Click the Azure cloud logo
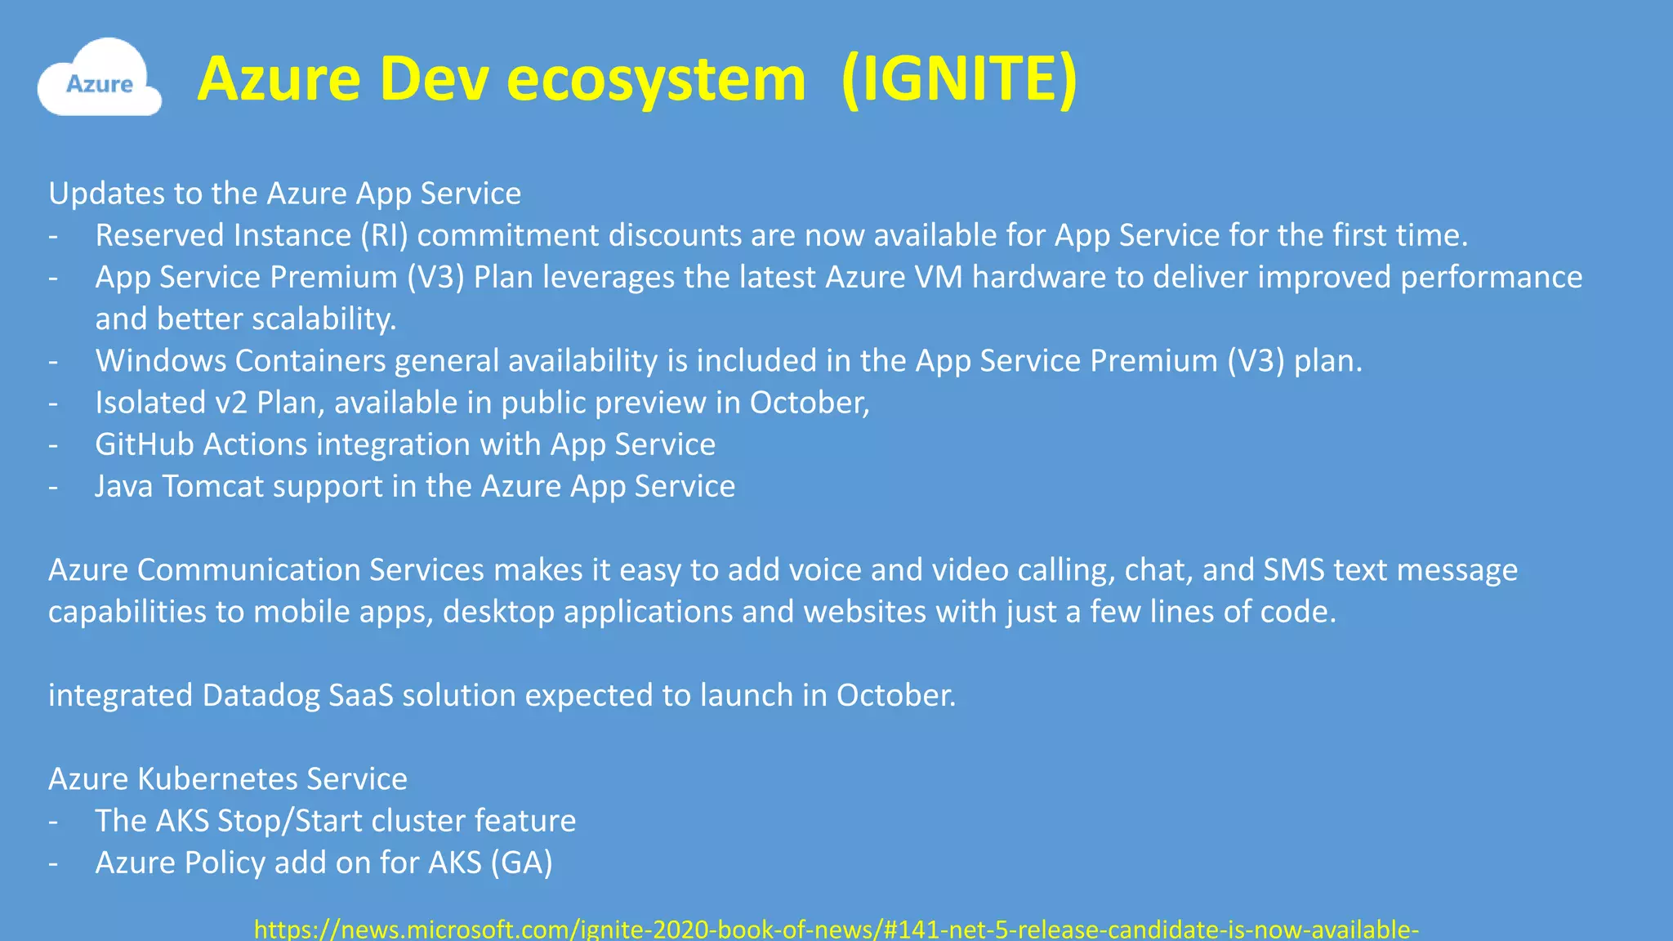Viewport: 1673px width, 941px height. coord(99,79)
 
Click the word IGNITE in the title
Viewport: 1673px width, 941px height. coord(959,79)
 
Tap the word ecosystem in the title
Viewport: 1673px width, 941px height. coord(656,79)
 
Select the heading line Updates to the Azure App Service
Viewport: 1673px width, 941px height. coord(284,194)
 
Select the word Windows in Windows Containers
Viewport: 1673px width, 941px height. coord(161,360)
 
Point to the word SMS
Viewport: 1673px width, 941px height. coord(1294,569)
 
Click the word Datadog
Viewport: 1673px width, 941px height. coord(261,695)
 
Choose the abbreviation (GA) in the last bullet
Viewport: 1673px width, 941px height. coord(521,863)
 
